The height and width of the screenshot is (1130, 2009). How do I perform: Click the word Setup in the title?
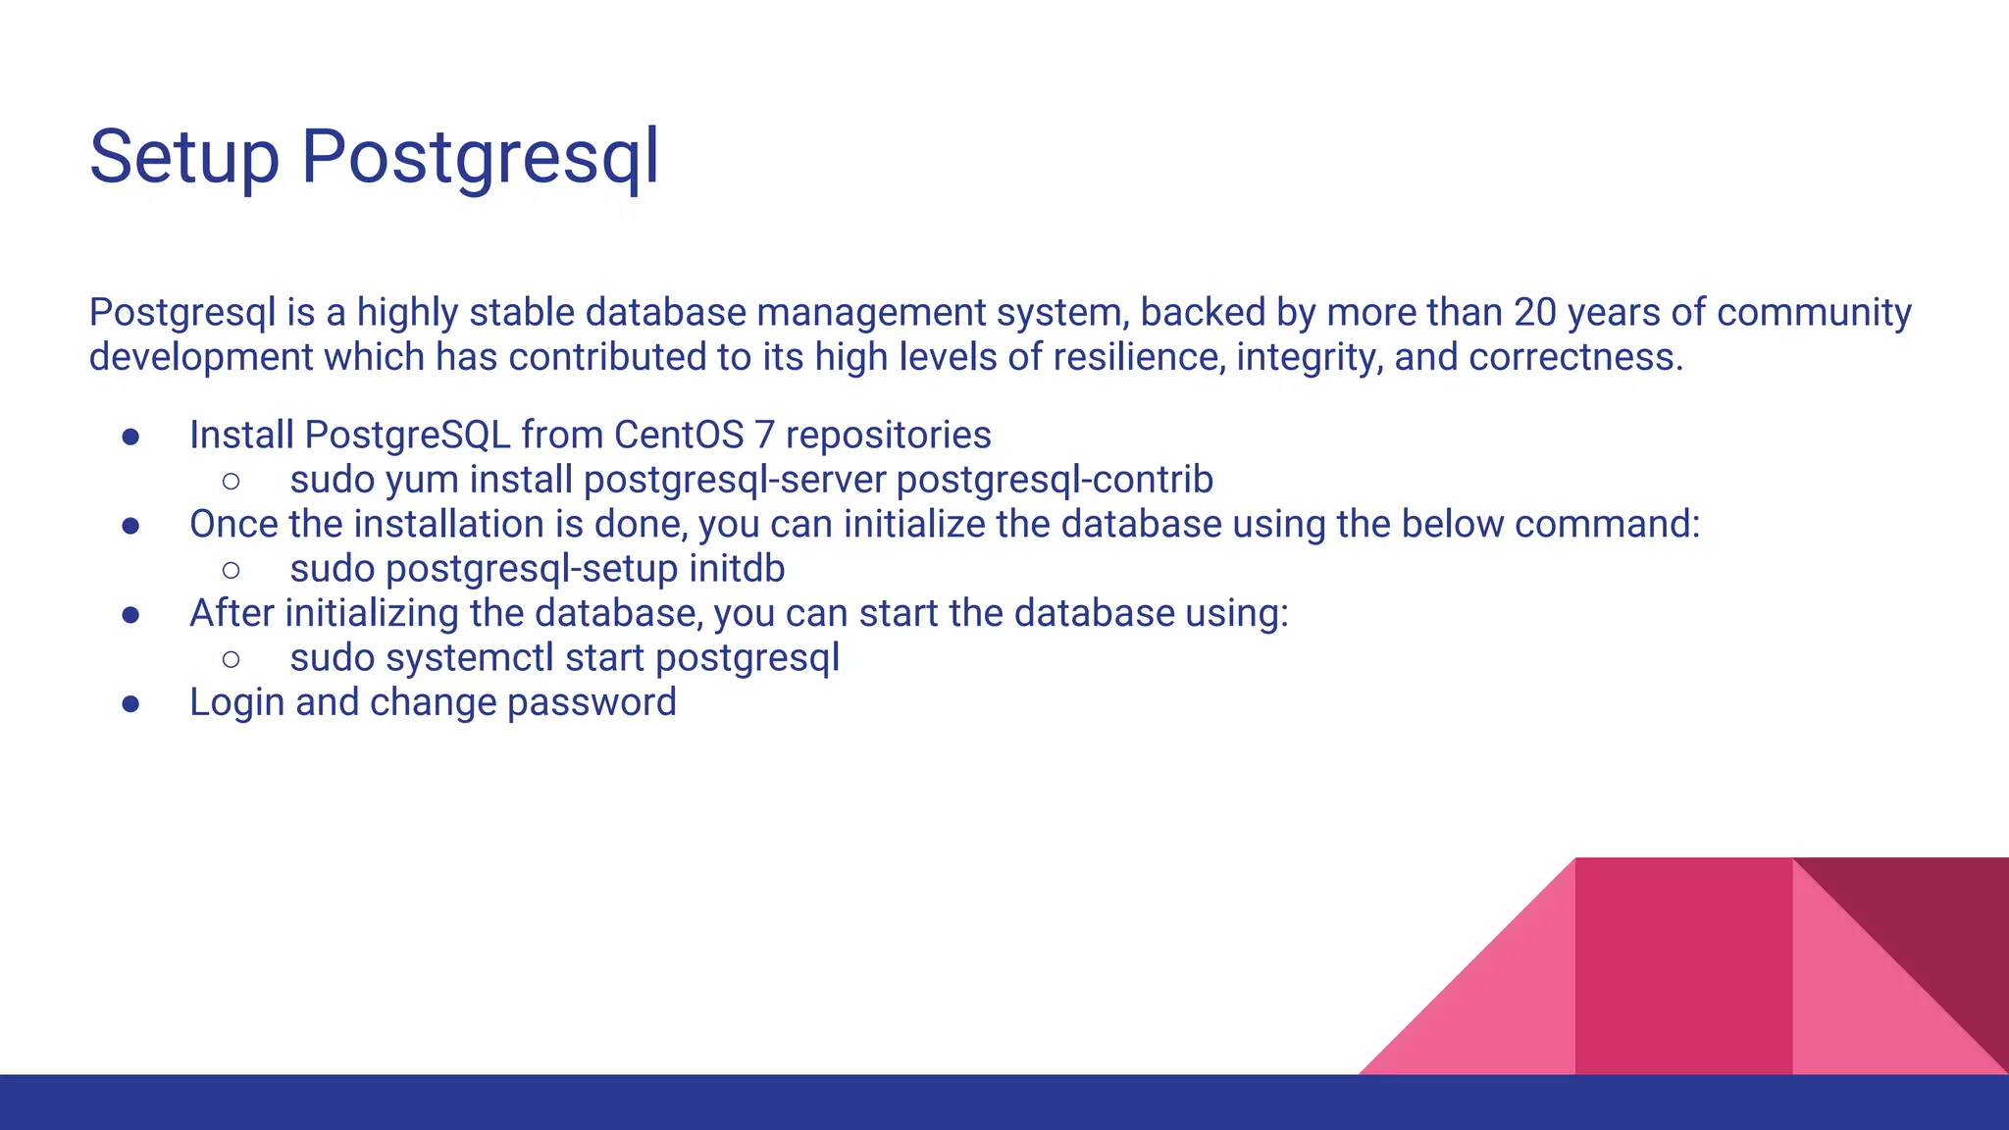tap(184, 157)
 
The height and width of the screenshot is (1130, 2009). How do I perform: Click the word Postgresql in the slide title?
tap(480, 157)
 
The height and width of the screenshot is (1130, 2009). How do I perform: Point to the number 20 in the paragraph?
tap(1534, 313)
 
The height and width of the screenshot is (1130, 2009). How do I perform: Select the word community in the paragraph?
tap(1814, 313)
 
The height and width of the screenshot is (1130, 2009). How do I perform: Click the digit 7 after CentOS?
tap(764, 436)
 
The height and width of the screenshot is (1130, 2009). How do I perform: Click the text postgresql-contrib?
tap(1055, 481)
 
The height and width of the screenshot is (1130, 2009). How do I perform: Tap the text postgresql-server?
tap(735, 481)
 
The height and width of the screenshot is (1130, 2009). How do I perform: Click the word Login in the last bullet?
tap(236, 702)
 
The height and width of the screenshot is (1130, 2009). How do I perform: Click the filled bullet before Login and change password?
tap(130, 703)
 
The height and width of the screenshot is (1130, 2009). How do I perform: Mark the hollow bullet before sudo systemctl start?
tap(232, 659)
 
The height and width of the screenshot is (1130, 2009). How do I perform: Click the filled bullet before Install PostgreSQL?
tap(130, 437)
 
